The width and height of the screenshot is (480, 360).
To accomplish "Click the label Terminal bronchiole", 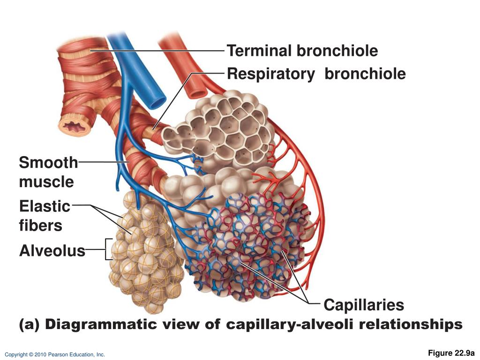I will (302, 51).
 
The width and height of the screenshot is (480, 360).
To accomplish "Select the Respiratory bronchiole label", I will (316, 74).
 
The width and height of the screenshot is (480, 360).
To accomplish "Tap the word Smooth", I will (48, 163).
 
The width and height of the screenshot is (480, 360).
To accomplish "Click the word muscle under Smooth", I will (46, 181).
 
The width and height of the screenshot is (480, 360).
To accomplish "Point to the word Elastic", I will (45, 206).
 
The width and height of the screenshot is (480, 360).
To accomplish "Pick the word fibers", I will (40, 225).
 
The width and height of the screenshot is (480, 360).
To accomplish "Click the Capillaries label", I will (364, 305).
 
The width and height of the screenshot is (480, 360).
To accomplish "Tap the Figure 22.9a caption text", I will (451, 353).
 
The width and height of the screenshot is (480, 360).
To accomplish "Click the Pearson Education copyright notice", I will (55, 355).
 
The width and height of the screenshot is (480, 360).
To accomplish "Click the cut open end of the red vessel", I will (196, 91).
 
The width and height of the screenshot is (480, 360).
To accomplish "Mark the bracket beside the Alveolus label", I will (109, 249).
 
